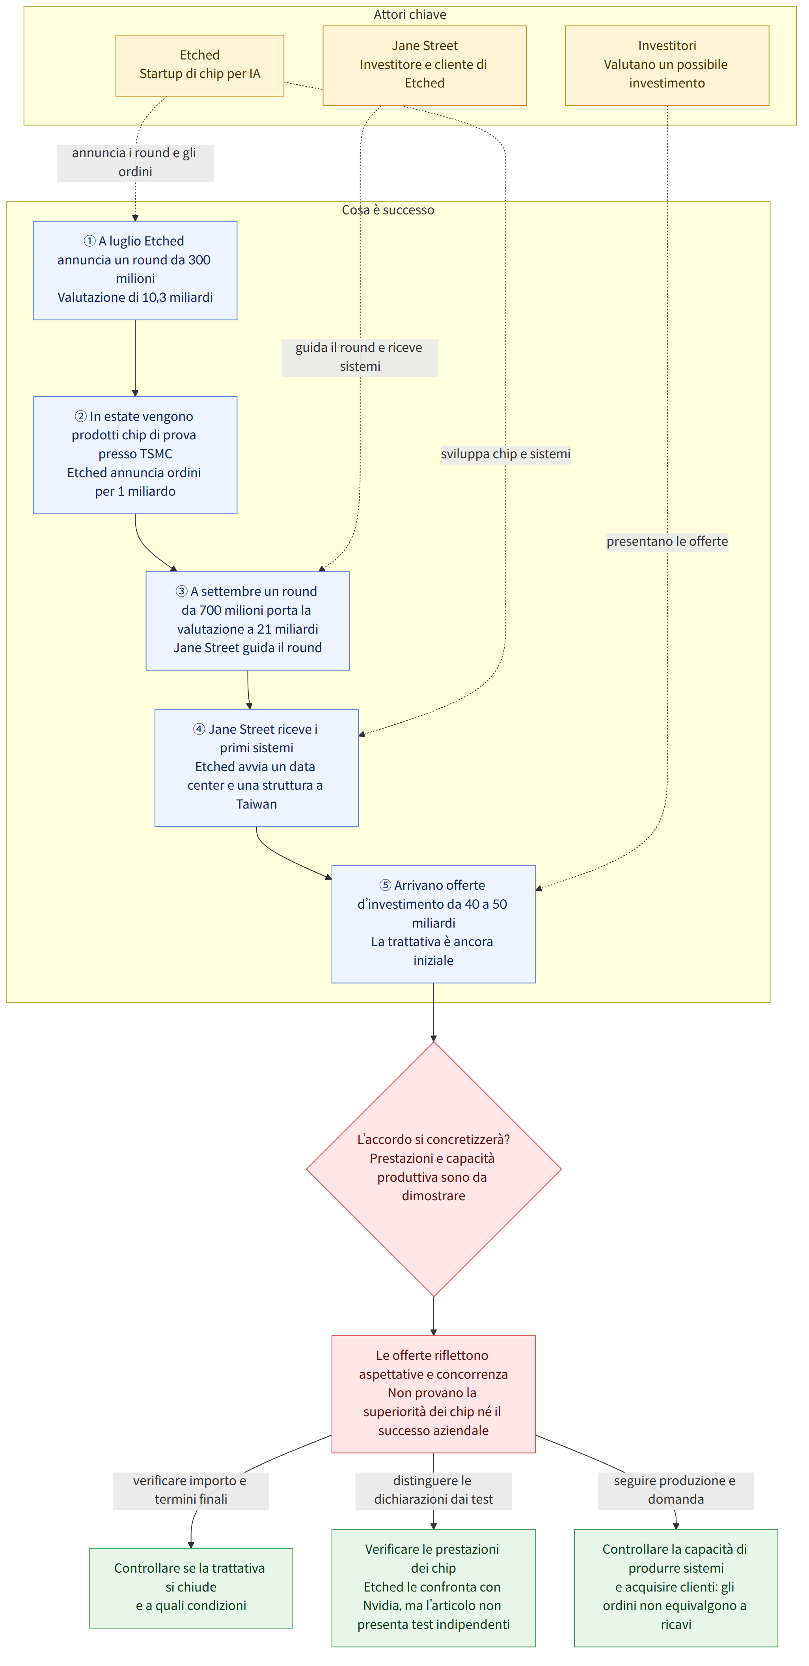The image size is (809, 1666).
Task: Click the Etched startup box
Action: click(x=199, y=65)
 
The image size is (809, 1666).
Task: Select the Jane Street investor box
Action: click(x=425, y=65)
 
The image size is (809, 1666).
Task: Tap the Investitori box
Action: click(x=667, y=65)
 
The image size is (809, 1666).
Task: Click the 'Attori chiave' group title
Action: click(x=410, y=14)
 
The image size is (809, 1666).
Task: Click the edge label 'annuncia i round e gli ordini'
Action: click(x=134, y=162)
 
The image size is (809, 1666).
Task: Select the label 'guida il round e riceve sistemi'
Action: click(x=360, y=357)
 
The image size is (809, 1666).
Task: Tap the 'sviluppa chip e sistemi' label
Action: click(x=505, y=454)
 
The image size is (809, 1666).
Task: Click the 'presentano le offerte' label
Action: click(x=667, y=541)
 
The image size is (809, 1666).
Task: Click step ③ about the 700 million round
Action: click(x=248, y=620)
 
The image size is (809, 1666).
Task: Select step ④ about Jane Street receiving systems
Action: click(x=256, y=768)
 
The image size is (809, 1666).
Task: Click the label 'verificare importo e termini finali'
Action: click(x=191, y=1490)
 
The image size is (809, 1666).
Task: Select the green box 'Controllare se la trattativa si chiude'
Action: click(x=191, y=1588)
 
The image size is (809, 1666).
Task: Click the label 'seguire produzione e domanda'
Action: click(x=676, y=1490)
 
